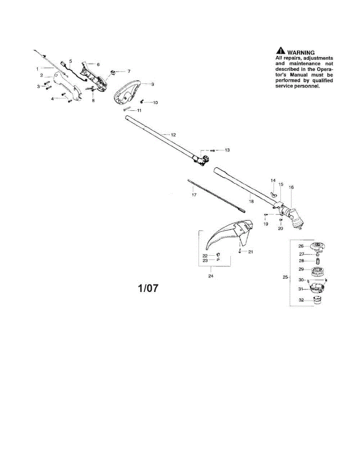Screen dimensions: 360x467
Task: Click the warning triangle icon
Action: [x=281, y=51]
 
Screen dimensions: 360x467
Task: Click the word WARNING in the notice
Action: [x=301, y=53]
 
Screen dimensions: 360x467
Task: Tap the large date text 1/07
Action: [x=148, y=288]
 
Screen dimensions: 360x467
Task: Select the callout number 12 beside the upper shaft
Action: [x=173, y=135]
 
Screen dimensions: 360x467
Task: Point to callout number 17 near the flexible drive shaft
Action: [x=194, y=195]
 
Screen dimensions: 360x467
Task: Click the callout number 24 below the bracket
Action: [x=211, y=276]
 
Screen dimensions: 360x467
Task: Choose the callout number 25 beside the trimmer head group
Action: [x=285, y=277]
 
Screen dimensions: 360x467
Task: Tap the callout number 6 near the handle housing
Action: [x=98, y=65]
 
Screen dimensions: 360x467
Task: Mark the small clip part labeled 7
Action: [x=113, y=72]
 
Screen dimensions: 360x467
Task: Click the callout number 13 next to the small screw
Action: [x=227, y=150]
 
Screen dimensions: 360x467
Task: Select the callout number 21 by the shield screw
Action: [x=251, y=252]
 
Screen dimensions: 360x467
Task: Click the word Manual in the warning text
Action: [x=299, y=75]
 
